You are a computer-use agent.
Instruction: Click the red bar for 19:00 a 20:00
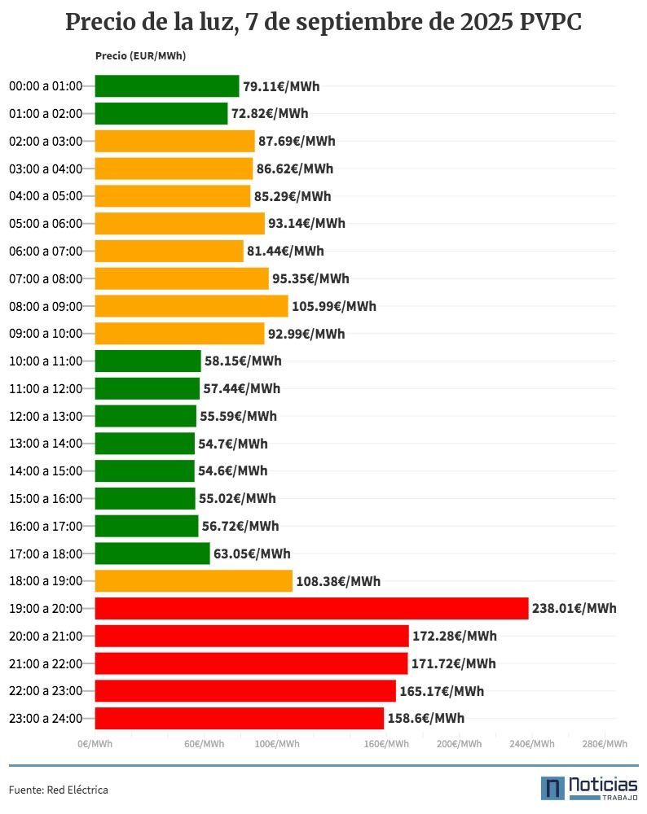(311, 608)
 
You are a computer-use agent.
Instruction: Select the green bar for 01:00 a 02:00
(161, 114)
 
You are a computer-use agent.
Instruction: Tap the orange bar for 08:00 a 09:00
(191, 306)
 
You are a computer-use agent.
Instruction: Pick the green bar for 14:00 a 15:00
(145, 470)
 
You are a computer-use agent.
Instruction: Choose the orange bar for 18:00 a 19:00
(194, 581)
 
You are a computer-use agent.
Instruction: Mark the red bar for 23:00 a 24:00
(240, 718)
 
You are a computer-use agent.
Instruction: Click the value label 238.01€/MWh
(574, 608)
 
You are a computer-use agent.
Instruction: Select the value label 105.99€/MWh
(334, 306)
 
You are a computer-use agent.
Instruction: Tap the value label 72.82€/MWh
(270, 114)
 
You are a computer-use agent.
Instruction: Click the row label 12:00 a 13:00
(46, 416)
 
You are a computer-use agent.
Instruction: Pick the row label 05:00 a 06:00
(46, 223)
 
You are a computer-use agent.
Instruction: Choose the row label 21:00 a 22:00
(46, 663)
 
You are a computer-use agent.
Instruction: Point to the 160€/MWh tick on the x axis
(387, 744)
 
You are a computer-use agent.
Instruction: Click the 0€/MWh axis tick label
(95, 744)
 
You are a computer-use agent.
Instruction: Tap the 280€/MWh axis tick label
(605, 744)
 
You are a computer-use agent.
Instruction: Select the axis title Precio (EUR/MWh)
(135, 55)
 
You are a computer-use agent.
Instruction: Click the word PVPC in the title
(552, 23)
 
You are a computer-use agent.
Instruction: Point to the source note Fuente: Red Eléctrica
(59, 790)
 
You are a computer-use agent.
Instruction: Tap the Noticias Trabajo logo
(588, 787)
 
